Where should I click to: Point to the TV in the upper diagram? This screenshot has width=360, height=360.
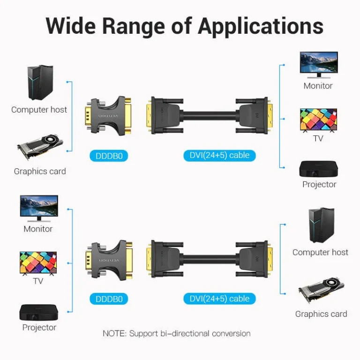click(x=318, y=120)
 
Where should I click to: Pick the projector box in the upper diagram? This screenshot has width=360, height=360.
click(x=319, y=169)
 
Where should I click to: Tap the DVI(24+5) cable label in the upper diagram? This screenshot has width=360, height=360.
click(x=219, y=155)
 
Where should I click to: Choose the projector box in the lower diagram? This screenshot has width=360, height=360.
click(x=38, y=313)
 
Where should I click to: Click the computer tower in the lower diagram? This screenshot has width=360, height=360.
click(x=321, y=225)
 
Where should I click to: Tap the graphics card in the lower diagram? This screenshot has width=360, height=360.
click(x=321, y=290)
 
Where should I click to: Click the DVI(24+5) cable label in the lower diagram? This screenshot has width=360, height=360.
click(x=219, y=298)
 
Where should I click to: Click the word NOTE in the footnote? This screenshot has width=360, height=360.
click(x=114, y=334)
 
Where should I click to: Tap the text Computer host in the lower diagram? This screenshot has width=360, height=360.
click(x=320, y=252)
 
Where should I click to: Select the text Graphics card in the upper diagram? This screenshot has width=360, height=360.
click(x=40, y=171)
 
